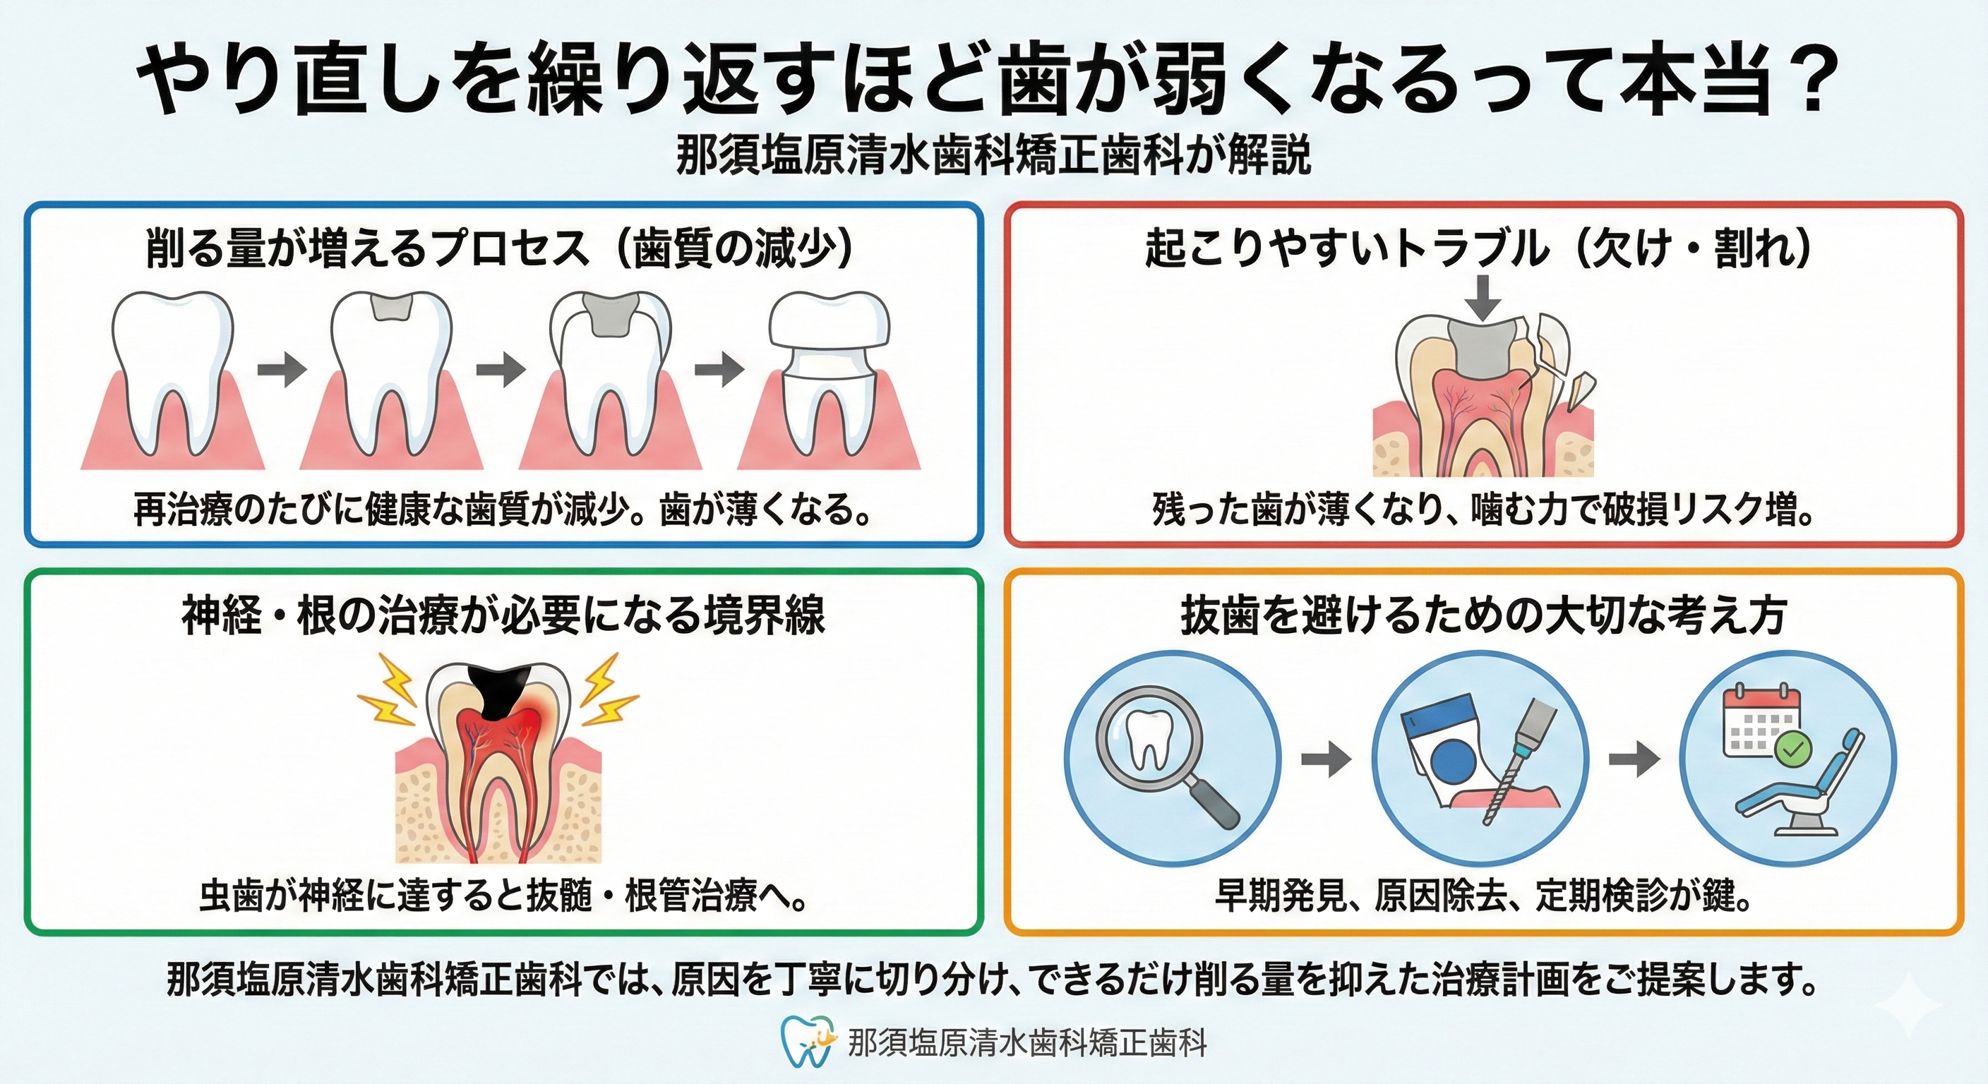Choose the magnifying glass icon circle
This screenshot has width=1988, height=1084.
(1173, 759)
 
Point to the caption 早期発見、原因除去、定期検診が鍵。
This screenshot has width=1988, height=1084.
(1483, 896)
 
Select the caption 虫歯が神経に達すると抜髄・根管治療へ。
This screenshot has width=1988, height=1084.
(503, 896)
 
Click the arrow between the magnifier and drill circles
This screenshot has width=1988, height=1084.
(1326, 759)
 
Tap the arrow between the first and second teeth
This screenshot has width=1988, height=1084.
(282, 370)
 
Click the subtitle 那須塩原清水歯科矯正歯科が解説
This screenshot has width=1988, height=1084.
(993, 157)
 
